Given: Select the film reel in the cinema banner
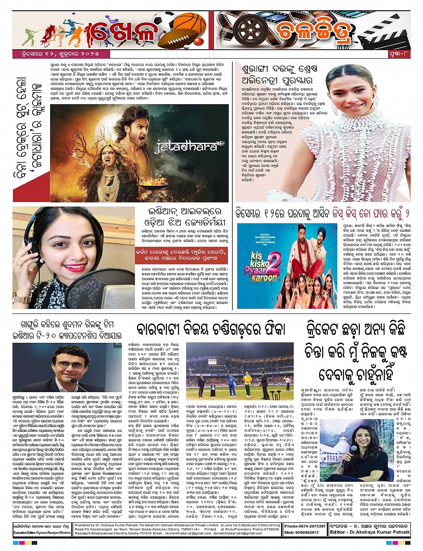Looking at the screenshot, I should point(248,30).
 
